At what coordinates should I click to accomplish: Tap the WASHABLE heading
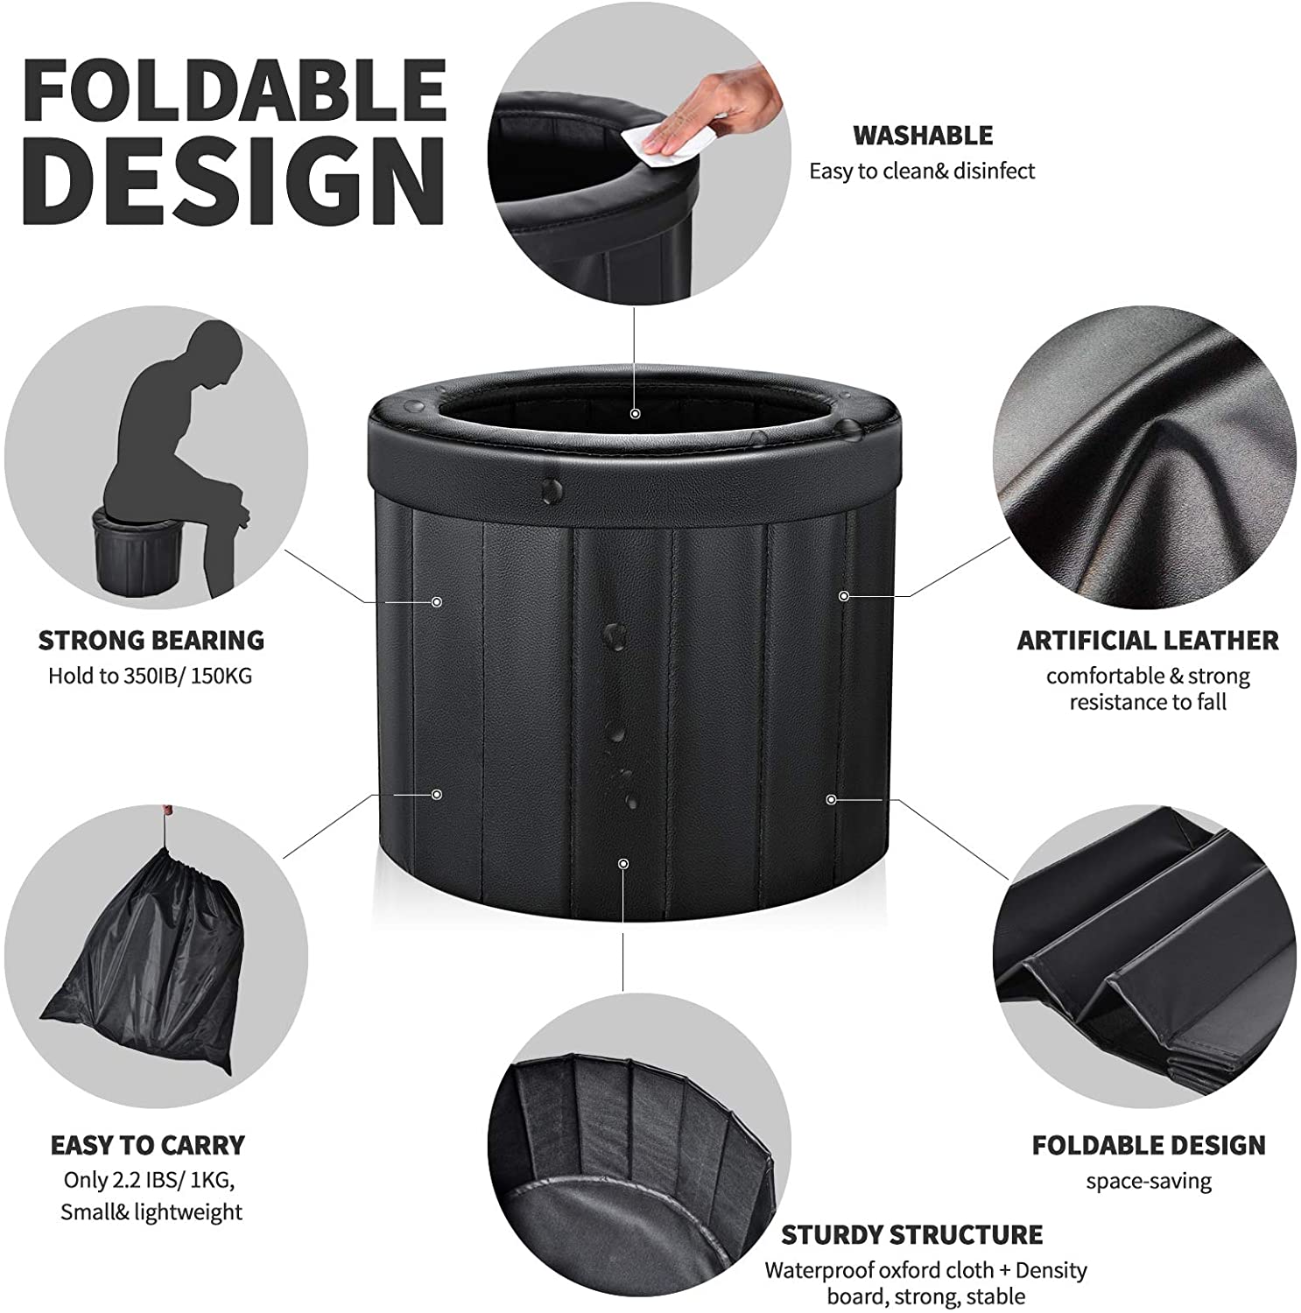click(923, 136)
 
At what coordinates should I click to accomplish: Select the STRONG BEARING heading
click(151, 640)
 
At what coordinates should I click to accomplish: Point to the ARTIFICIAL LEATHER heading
click(1148, 640)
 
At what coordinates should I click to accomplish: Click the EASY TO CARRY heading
click(148, 1145)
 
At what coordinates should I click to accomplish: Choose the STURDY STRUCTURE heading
click(912, 1234)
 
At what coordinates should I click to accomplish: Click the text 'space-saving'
click(1149, 1181)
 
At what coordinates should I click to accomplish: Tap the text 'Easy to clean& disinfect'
click(922, 171)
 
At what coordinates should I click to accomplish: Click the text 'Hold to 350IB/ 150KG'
click(150, 675)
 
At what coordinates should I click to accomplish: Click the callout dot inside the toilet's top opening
click(636, 413)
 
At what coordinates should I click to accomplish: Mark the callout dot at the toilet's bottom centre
click(622, 864)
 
